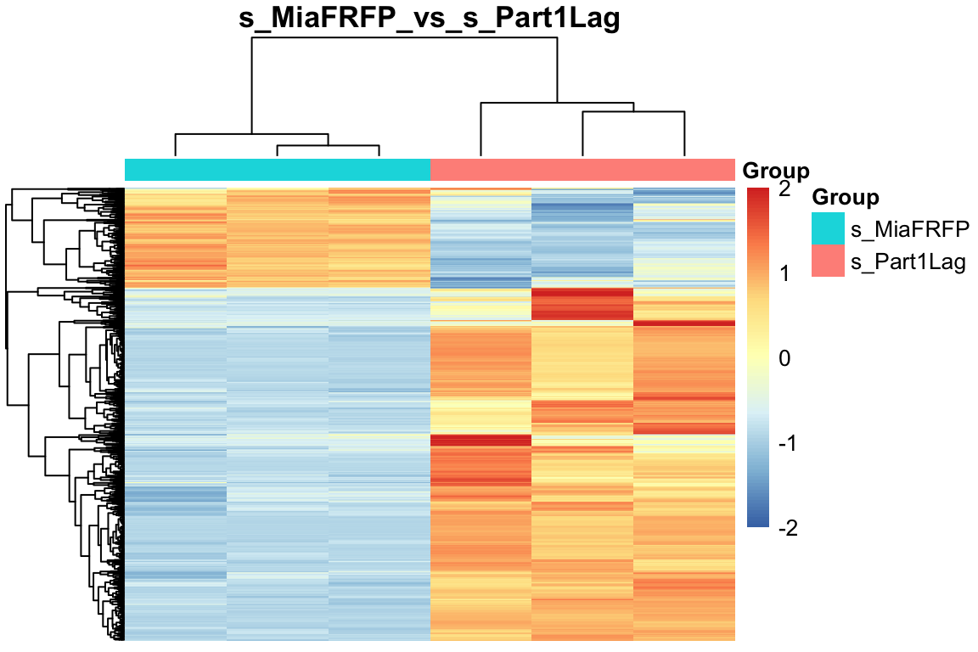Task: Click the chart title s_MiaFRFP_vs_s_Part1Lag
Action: tap(430, 19)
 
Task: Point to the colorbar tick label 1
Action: tap(783, 273)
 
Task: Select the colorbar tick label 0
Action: tap(783, 358)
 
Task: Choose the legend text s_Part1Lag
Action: tap(908, 261)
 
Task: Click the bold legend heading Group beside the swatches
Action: tap(845, 198)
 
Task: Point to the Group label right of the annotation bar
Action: tap(776, 171)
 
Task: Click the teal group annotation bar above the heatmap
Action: tap(278, 170)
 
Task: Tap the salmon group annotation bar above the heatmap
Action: tap(582, 170)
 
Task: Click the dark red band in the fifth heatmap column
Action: tap(582, 304)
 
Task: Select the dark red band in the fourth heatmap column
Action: tap(481, 441)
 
